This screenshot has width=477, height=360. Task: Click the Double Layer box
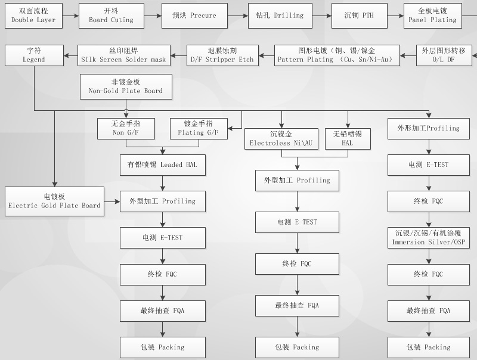coord(33,15)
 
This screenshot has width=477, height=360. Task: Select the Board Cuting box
coord(111,15)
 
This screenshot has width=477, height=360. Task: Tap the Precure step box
coord(194,15)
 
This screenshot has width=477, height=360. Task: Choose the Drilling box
coord(280,15)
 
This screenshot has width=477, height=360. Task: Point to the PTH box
coord(360,15)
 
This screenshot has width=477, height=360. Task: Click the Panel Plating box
coord(432,15)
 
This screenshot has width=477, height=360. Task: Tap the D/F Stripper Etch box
coord(221,55)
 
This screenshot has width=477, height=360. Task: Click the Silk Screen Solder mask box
coord(124,55)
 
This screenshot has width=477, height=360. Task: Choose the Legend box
coord(33,55)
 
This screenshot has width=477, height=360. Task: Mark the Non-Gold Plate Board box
coord(125,86)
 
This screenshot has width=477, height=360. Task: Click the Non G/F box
coord(126,129)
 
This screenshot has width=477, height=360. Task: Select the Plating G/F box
coord(199,129)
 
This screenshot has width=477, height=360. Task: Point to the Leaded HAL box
coord(162,165)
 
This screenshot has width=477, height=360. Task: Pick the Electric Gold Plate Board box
coord(54,201)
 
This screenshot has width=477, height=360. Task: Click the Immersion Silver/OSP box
coord(429,238)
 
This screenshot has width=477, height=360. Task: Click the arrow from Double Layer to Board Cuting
coord(70,15)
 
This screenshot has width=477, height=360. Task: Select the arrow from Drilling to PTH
coord(323,15)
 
